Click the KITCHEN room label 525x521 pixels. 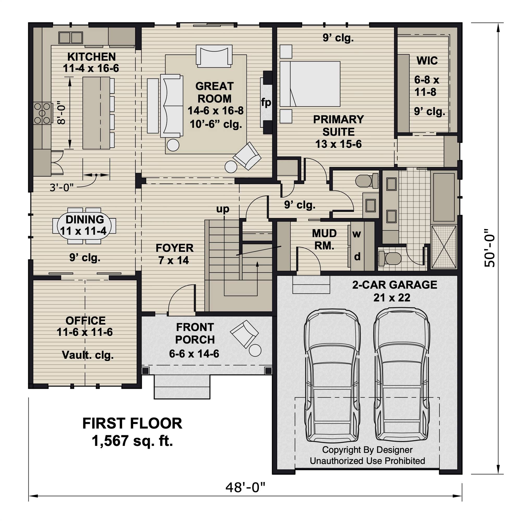91,57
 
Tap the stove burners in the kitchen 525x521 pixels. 42,113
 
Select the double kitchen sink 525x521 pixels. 71,38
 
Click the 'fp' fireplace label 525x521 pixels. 266,102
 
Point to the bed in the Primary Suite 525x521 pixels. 310,84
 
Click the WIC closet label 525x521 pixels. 427,61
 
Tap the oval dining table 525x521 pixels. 84,225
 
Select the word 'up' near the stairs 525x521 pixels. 223,209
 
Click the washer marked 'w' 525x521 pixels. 356,234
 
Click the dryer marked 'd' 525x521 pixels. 357,256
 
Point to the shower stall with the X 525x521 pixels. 444,247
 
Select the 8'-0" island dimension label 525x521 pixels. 62,113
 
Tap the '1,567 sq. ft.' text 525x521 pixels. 132,440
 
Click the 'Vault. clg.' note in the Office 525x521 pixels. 88,355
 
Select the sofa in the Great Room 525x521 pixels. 172,106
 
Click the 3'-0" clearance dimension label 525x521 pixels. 61,187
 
